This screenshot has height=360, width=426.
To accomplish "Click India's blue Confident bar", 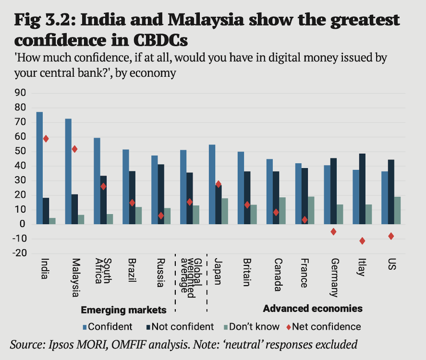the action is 39,168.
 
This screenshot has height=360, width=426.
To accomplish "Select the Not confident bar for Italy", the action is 362,189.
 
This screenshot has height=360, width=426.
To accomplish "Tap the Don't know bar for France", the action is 311,210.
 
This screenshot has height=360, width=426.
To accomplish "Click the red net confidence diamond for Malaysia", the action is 74,149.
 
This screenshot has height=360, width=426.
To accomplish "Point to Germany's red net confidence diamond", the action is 333,231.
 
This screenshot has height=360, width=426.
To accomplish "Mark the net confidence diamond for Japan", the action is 218,184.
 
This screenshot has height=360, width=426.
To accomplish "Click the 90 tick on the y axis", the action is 20,93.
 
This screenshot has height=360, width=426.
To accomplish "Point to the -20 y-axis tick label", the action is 20,253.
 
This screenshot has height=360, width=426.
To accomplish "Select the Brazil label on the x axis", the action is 132,270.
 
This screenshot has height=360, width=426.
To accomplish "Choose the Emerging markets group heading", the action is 123,310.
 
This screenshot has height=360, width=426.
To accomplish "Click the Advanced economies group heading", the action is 313,309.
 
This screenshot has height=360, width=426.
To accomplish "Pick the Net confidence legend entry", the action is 324,326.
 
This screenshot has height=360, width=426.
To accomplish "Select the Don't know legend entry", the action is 251,326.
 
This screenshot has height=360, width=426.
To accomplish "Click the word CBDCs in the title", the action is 160,40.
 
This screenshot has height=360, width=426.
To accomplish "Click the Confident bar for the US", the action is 384,198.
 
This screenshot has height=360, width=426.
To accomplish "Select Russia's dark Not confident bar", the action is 161,194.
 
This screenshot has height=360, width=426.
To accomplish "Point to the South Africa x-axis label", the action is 103,271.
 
